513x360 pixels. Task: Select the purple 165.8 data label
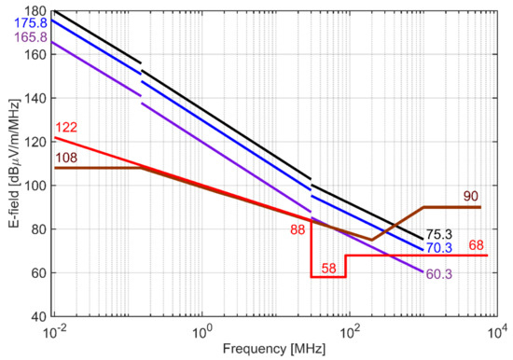[x=19, y=36]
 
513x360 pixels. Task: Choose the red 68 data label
[x=478, y=245]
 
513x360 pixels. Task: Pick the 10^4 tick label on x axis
[x=497, y=331]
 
